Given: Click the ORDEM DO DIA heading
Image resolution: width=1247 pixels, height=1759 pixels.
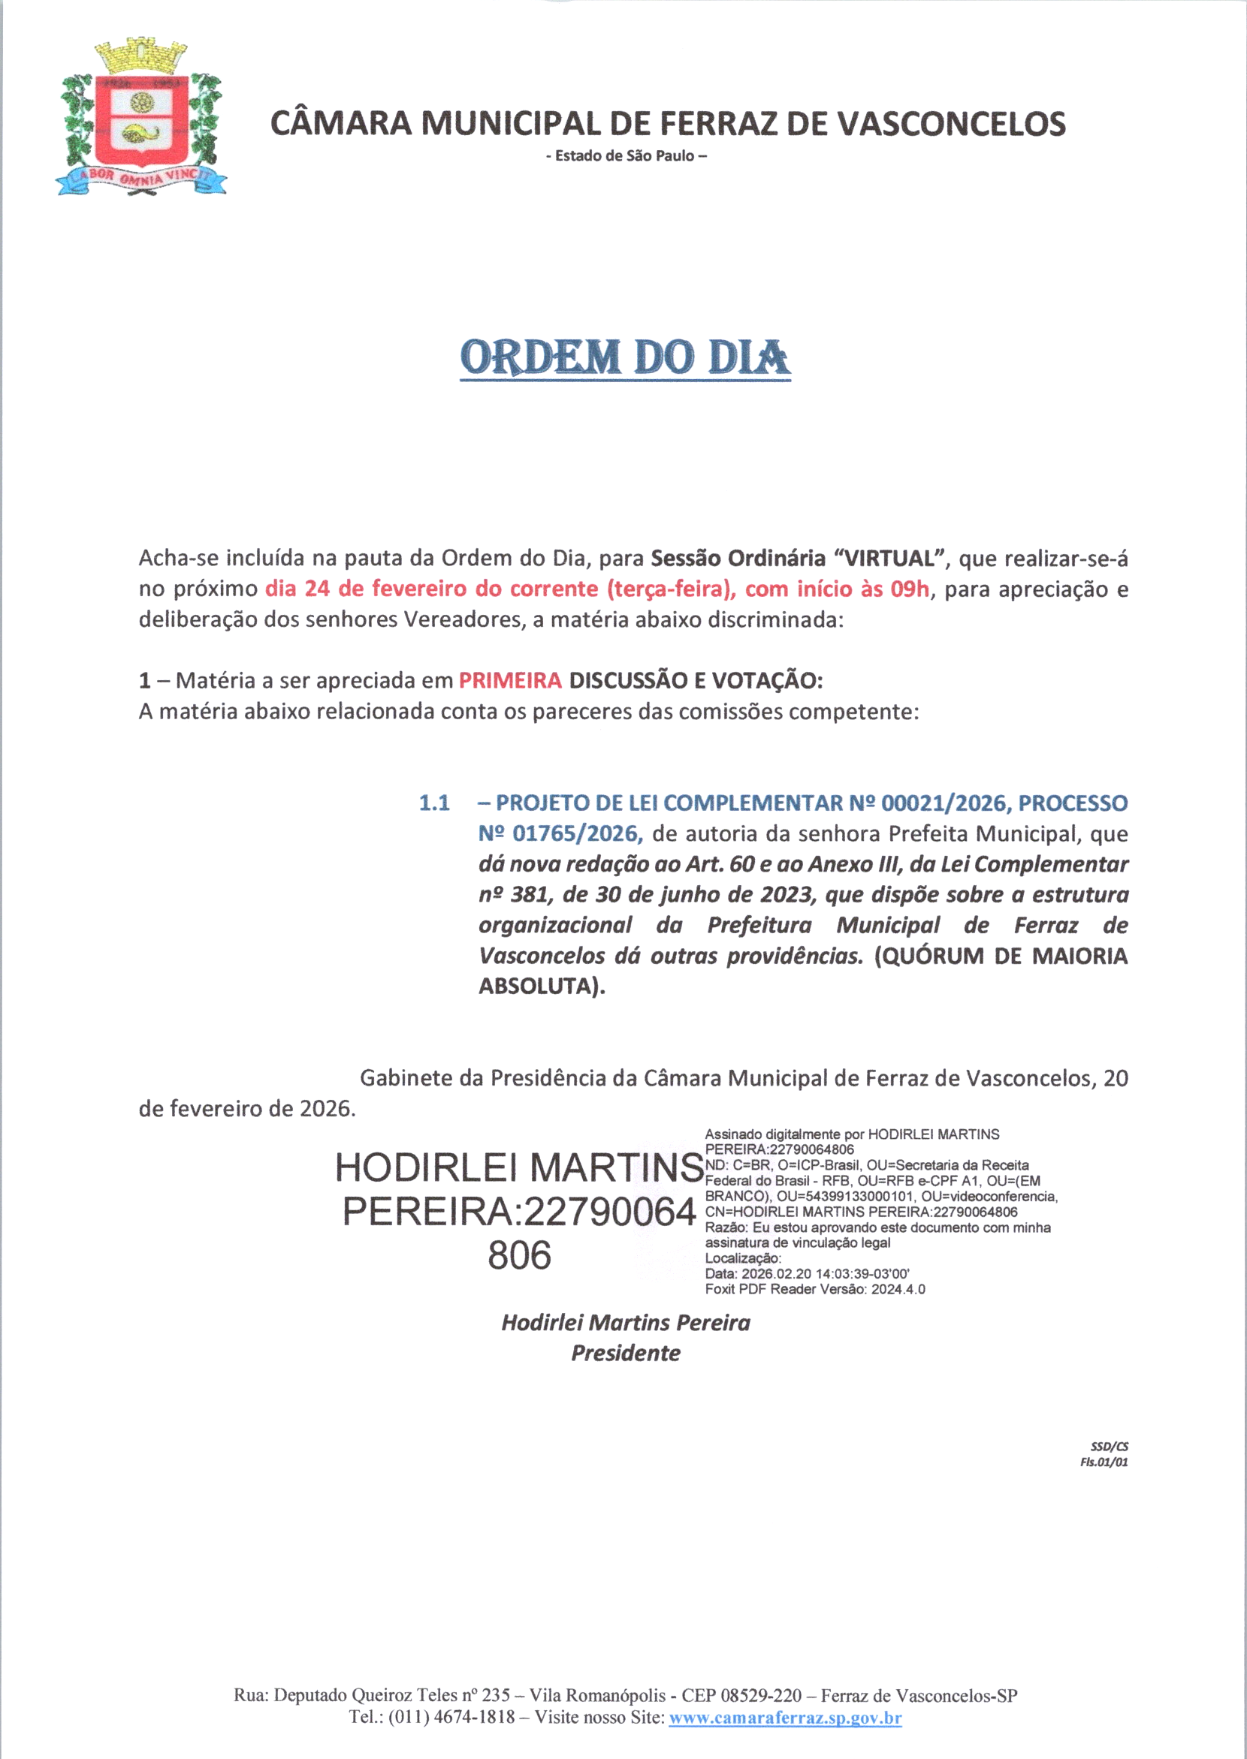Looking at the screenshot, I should (624, 358).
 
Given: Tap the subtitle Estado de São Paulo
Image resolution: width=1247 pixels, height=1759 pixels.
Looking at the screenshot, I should (626, 156).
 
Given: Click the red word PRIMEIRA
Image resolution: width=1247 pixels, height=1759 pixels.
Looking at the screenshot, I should (510, 681).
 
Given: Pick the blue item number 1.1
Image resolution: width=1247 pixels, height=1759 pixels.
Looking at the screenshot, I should (434, 803).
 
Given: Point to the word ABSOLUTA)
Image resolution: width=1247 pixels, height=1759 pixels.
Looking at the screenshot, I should (542, 986).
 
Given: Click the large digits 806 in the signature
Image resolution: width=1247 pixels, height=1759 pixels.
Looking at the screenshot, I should (519, 1255).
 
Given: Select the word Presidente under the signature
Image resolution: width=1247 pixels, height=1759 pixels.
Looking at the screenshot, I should (625, 1353).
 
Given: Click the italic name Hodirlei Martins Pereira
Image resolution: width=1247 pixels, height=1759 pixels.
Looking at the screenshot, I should (625, 1322).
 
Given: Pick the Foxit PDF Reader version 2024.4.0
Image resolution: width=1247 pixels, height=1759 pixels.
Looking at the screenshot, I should (898, 1289).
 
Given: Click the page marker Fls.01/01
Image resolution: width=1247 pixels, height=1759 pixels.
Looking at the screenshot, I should (1104, 1462).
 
